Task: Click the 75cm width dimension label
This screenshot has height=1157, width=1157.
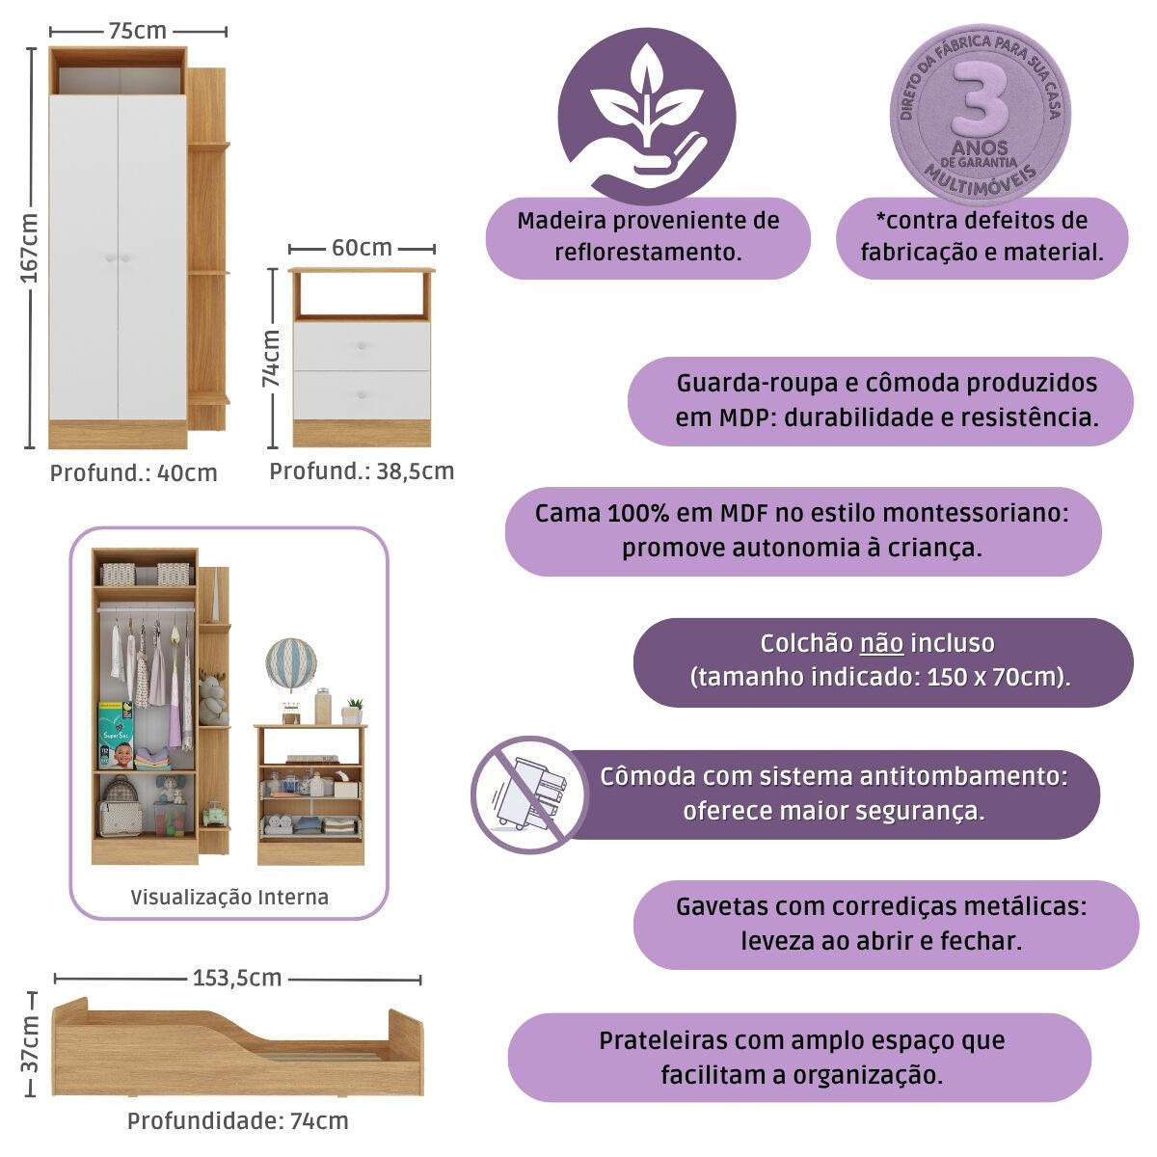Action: tap(138, 31)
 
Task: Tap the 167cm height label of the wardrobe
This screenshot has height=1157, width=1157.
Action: tap(30, 249)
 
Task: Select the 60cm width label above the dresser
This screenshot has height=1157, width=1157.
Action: tap(362, 248)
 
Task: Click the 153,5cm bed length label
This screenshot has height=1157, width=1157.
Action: tap(237, 978)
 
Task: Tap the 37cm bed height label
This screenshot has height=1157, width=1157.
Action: tap(30, 1042)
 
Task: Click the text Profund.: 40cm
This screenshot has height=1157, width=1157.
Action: tap(133, 473)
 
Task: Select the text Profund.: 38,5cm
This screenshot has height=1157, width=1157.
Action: tap(361, 471)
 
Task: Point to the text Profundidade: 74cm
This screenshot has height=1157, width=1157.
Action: tap(237, 1121)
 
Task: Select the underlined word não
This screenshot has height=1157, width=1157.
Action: tap(881, 643)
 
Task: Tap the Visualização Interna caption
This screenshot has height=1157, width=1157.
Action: tap(229, 897)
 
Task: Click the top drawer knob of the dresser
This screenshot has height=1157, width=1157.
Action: tap(363, 346)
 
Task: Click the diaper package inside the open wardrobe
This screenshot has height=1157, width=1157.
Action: tap(115, 735)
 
